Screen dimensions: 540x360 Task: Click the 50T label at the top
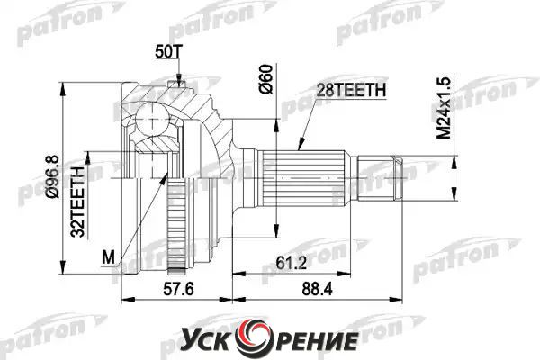tap(168, 52)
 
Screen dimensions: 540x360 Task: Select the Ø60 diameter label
tap(266, 79)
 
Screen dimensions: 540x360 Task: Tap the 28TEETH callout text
tap(351, 90)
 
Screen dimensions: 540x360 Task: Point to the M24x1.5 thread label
tap(444, 108)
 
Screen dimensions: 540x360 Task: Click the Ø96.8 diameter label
tap(53, 176)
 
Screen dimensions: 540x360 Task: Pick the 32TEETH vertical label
tap(77, 202)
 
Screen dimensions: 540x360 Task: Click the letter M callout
tap(109, 257)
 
